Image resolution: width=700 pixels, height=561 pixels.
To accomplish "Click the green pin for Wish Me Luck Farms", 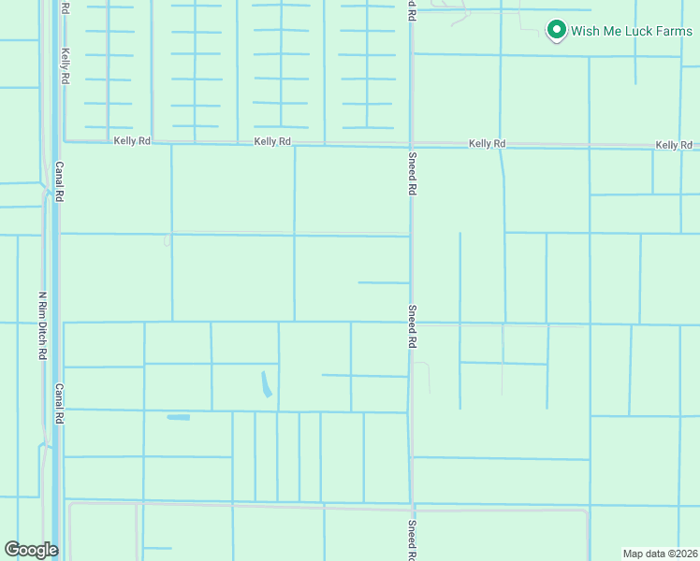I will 556,30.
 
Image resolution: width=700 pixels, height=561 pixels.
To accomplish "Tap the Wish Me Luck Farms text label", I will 620,31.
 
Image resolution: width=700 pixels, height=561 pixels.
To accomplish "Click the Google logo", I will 31,550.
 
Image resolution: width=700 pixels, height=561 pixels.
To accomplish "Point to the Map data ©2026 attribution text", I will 661,553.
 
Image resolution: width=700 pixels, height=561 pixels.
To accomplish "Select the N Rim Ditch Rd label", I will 42,326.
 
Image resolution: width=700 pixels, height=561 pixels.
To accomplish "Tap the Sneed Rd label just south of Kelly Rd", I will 411,172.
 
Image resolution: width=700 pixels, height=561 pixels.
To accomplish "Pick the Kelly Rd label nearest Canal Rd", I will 132,141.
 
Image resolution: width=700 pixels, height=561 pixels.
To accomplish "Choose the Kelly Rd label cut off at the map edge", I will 676,145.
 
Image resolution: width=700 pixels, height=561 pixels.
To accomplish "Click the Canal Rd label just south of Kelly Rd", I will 59,182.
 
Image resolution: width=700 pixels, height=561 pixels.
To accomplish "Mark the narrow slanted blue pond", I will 267,383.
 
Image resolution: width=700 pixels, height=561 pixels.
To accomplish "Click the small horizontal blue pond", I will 178,417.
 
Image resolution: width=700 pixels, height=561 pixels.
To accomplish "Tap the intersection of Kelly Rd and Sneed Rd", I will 411,144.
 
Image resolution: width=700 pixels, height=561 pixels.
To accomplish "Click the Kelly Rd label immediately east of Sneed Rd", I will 487,144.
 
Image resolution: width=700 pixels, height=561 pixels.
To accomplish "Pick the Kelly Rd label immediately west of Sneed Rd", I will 272,141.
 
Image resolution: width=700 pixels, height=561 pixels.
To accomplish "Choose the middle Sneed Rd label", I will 411,326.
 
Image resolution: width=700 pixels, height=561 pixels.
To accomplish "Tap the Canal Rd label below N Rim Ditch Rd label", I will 59,404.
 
